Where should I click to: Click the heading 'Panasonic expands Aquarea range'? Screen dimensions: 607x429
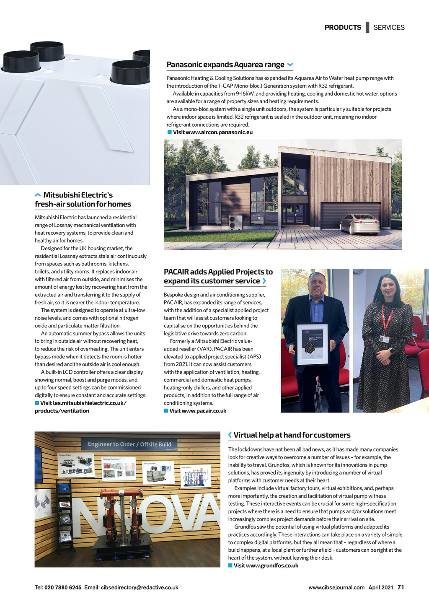click(225, 65)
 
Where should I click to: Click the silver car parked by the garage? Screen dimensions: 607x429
click(359, 224)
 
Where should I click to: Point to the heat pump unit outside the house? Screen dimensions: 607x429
click(235, 222)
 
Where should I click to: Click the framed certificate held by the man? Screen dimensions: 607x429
click(313, 344)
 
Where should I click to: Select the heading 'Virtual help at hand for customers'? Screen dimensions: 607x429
click(292, 435)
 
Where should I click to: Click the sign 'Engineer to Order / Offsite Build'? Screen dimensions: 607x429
click(129, 444)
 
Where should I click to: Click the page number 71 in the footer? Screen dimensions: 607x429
click(401, 587)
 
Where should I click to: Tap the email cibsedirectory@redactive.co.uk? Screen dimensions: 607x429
click(140, 588)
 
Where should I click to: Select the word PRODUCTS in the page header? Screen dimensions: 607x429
click(343, 28)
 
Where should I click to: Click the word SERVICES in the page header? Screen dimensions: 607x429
click(389, 28)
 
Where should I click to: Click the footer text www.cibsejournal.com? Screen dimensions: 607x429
click(336, 588)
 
